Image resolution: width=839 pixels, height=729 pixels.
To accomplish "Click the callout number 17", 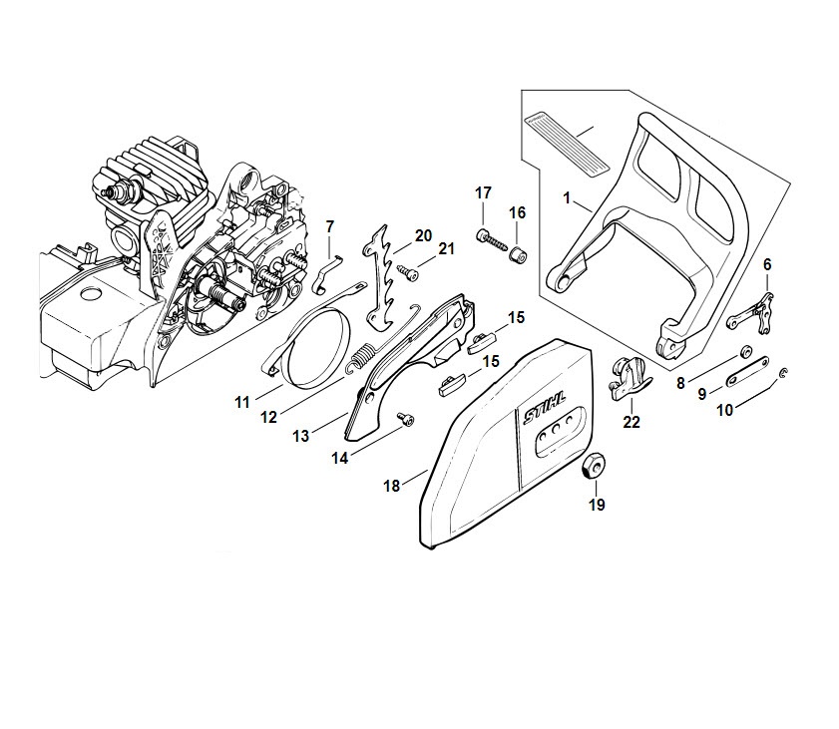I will [483, 192].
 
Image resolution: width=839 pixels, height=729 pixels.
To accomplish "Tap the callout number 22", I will [631, 422].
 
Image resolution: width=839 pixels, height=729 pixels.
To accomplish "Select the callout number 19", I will [597, 505].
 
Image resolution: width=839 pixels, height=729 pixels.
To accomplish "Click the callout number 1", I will [567, 199].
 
